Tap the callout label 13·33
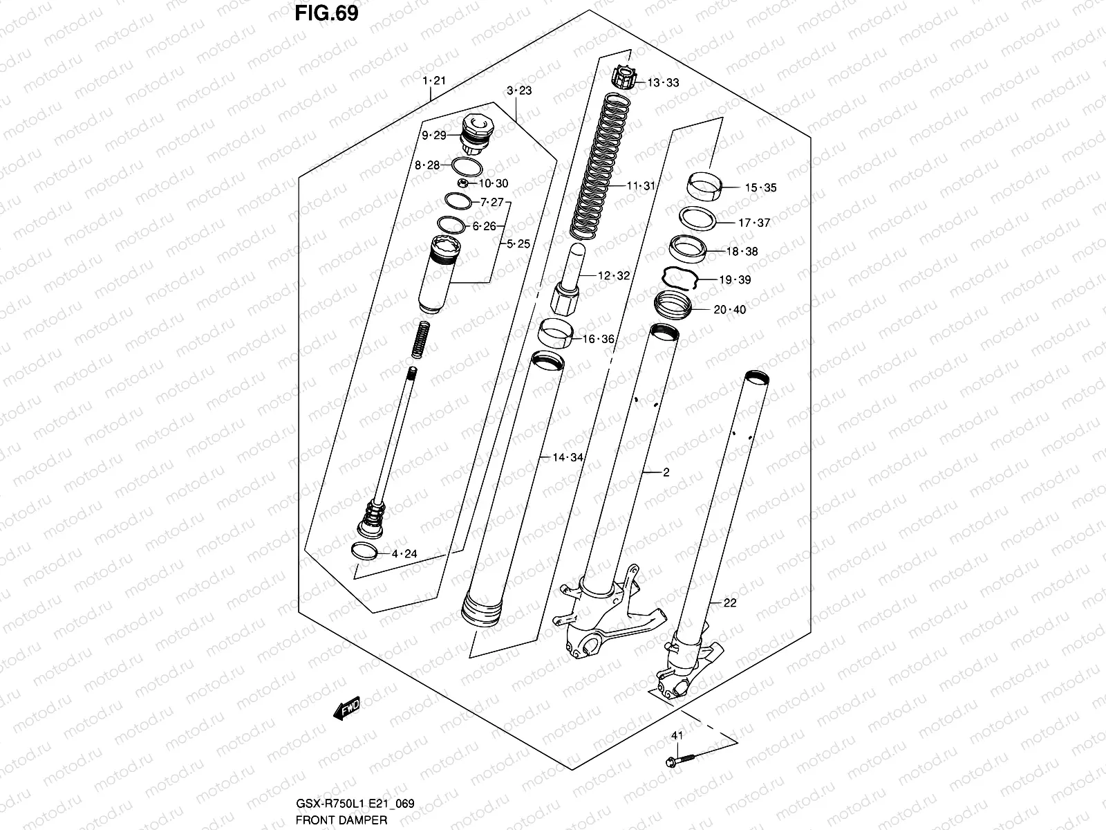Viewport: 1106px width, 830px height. click(663, 83)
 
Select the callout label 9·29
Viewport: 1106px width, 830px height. click(434, 136)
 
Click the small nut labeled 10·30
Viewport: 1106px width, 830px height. click(464, 183)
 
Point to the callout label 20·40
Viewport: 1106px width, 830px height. click(730, 310)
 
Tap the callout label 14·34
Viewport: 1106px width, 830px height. click(568, 457)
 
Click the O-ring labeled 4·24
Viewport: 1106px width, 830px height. click(366, 551)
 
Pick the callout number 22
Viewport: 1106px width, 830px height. click(730, 602)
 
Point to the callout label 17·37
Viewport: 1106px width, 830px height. click(753, 223)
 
